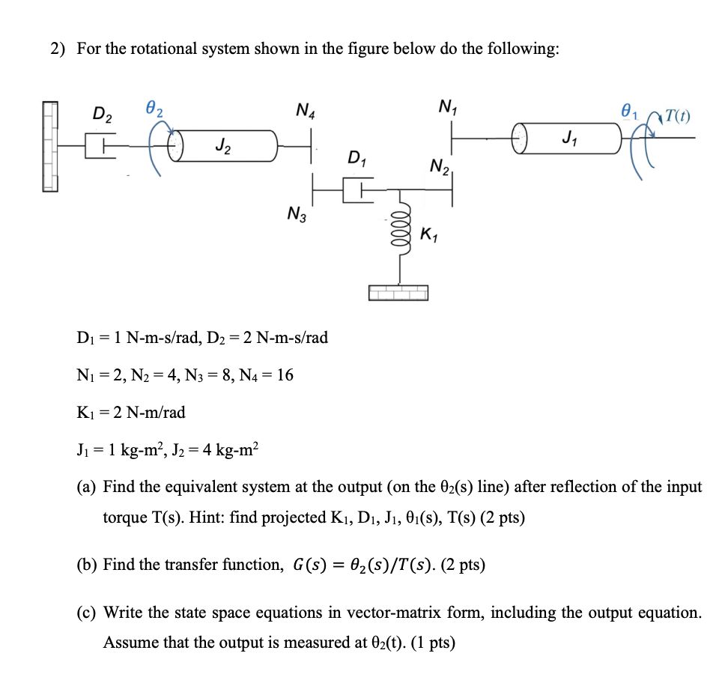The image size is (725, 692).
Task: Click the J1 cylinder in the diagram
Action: point(568,139)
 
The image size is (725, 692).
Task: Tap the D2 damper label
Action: point(103,115)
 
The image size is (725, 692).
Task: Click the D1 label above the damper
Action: point(358,160)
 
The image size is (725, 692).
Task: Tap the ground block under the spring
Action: point(398,292)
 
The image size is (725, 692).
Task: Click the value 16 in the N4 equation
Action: point(285,374)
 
